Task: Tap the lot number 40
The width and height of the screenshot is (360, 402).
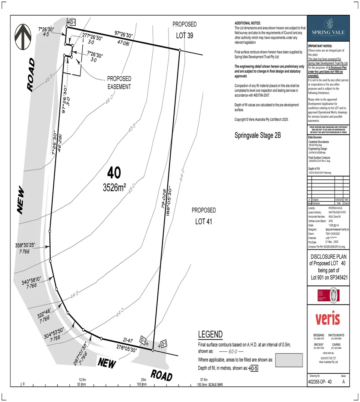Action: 114,173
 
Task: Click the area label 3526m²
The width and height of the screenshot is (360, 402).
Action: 114,188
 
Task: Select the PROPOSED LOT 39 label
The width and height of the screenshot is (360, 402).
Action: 184,30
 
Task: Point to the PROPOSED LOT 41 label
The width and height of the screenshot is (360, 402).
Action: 204,216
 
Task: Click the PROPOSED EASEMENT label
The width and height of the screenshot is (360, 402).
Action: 119,83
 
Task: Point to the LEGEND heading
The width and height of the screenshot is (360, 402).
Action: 210,334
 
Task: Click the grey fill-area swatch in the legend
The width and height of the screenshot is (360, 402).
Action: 289,360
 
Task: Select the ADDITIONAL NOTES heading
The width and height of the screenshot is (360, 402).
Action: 248,23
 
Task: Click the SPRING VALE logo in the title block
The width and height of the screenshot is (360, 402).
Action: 328,28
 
